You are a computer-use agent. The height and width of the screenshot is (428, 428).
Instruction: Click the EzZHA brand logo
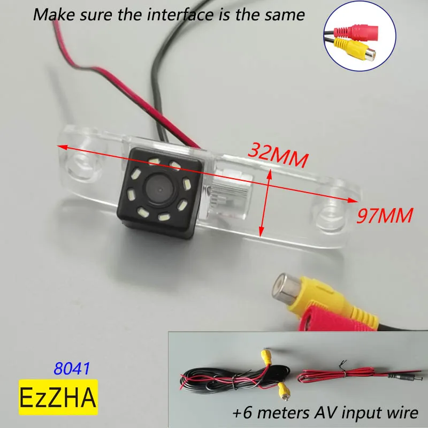(58, 397)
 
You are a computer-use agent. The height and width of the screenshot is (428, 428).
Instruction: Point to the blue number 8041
(72, 369)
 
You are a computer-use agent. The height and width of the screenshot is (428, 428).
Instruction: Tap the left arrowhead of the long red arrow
(60, 146)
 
